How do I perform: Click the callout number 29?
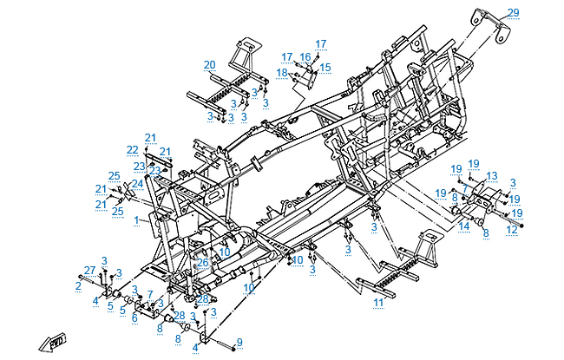[x=537, y=12]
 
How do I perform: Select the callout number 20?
[x=209, y=65]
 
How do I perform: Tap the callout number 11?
[x=377, y=302]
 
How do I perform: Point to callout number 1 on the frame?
[x=136, y=220]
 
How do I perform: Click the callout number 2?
[x=79, y=285]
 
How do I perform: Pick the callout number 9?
[x=240, y=342]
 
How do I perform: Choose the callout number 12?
[x=512, y=229]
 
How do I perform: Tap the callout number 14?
[x=463, y=226]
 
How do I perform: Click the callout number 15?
[x=325, y=67]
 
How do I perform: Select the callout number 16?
[x=305, y=56]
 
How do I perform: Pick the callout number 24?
[x=137, y=183]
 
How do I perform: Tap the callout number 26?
[x=202, y=261]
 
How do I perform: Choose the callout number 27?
[x=89, y=270]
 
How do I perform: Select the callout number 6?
[x=134, y=317]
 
